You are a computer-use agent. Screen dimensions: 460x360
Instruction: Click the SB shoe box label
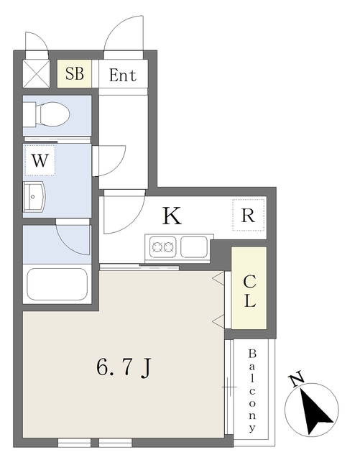[x=73, y=73]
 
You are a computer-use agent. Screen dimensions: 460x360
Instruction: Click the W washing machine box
[x=40, y=161]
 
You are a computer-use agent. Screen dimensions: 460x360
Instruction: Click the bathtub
[x=57, y=284]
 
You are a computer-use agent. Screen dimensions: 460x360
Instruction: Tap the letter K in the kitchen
[x=170, y=216]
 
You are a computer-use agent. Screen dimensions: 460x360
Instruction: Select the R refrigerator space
[x=249, y=215]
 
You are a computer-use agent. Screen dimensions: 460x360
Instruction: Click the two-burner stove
[x=162, y=248]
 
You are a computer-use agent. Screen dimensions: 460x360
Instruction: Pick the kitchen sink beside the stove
[x=194, y=247]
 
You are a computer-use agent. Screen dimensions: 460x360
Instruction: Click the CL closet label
[x=249, y=290]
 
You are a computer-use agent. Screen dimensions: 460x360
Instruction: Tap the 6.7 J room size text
[x=123, y=367]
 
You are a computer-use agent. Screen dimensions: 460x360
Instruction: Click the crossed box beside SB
[x=34, y=73]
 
